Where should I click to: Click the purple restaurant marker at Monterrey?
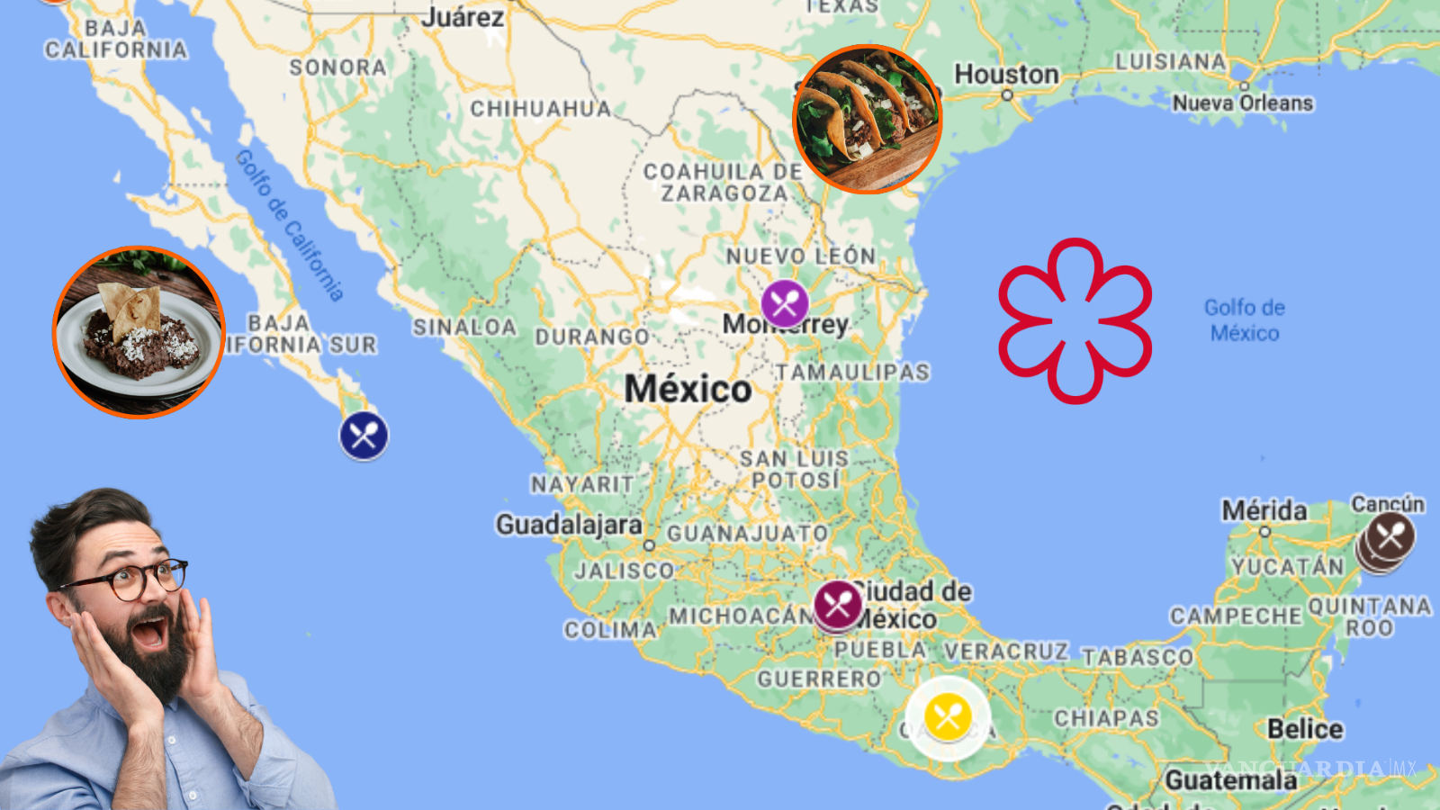pos(785,304)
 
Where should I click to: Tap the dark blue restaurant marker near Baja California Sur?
pos(364,436)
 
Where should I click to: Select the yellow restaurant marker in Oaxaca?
pos(948,717)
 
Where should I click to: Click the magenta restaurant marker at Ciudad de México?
pos(838,605)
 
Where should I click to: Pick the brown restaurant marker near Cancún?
pos(1390,537)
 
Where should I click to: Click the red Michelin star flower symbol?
pos(1075,320)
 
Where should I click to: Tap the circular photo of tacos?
pos(867,119)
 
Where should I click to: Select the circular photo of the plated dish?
pos(139,332)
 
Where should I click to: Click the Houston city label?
pos(1006,74)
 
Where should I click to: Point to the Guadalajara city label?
pos(569,524)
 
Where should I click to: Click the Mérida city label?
pos(1264,510)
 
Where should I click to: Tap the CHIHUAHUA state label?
pos(540,109)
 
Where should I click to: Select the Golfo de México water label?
pos(1245,320)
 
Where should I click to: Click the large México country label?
pos(688,389)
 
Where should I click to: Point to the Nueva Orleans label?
pos(1242,103)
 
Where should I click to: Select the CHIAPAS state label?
pos(1106,718)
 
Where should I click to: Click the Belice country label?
pos(1305,729)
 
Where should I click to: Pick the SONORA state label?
pos(337,67)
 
